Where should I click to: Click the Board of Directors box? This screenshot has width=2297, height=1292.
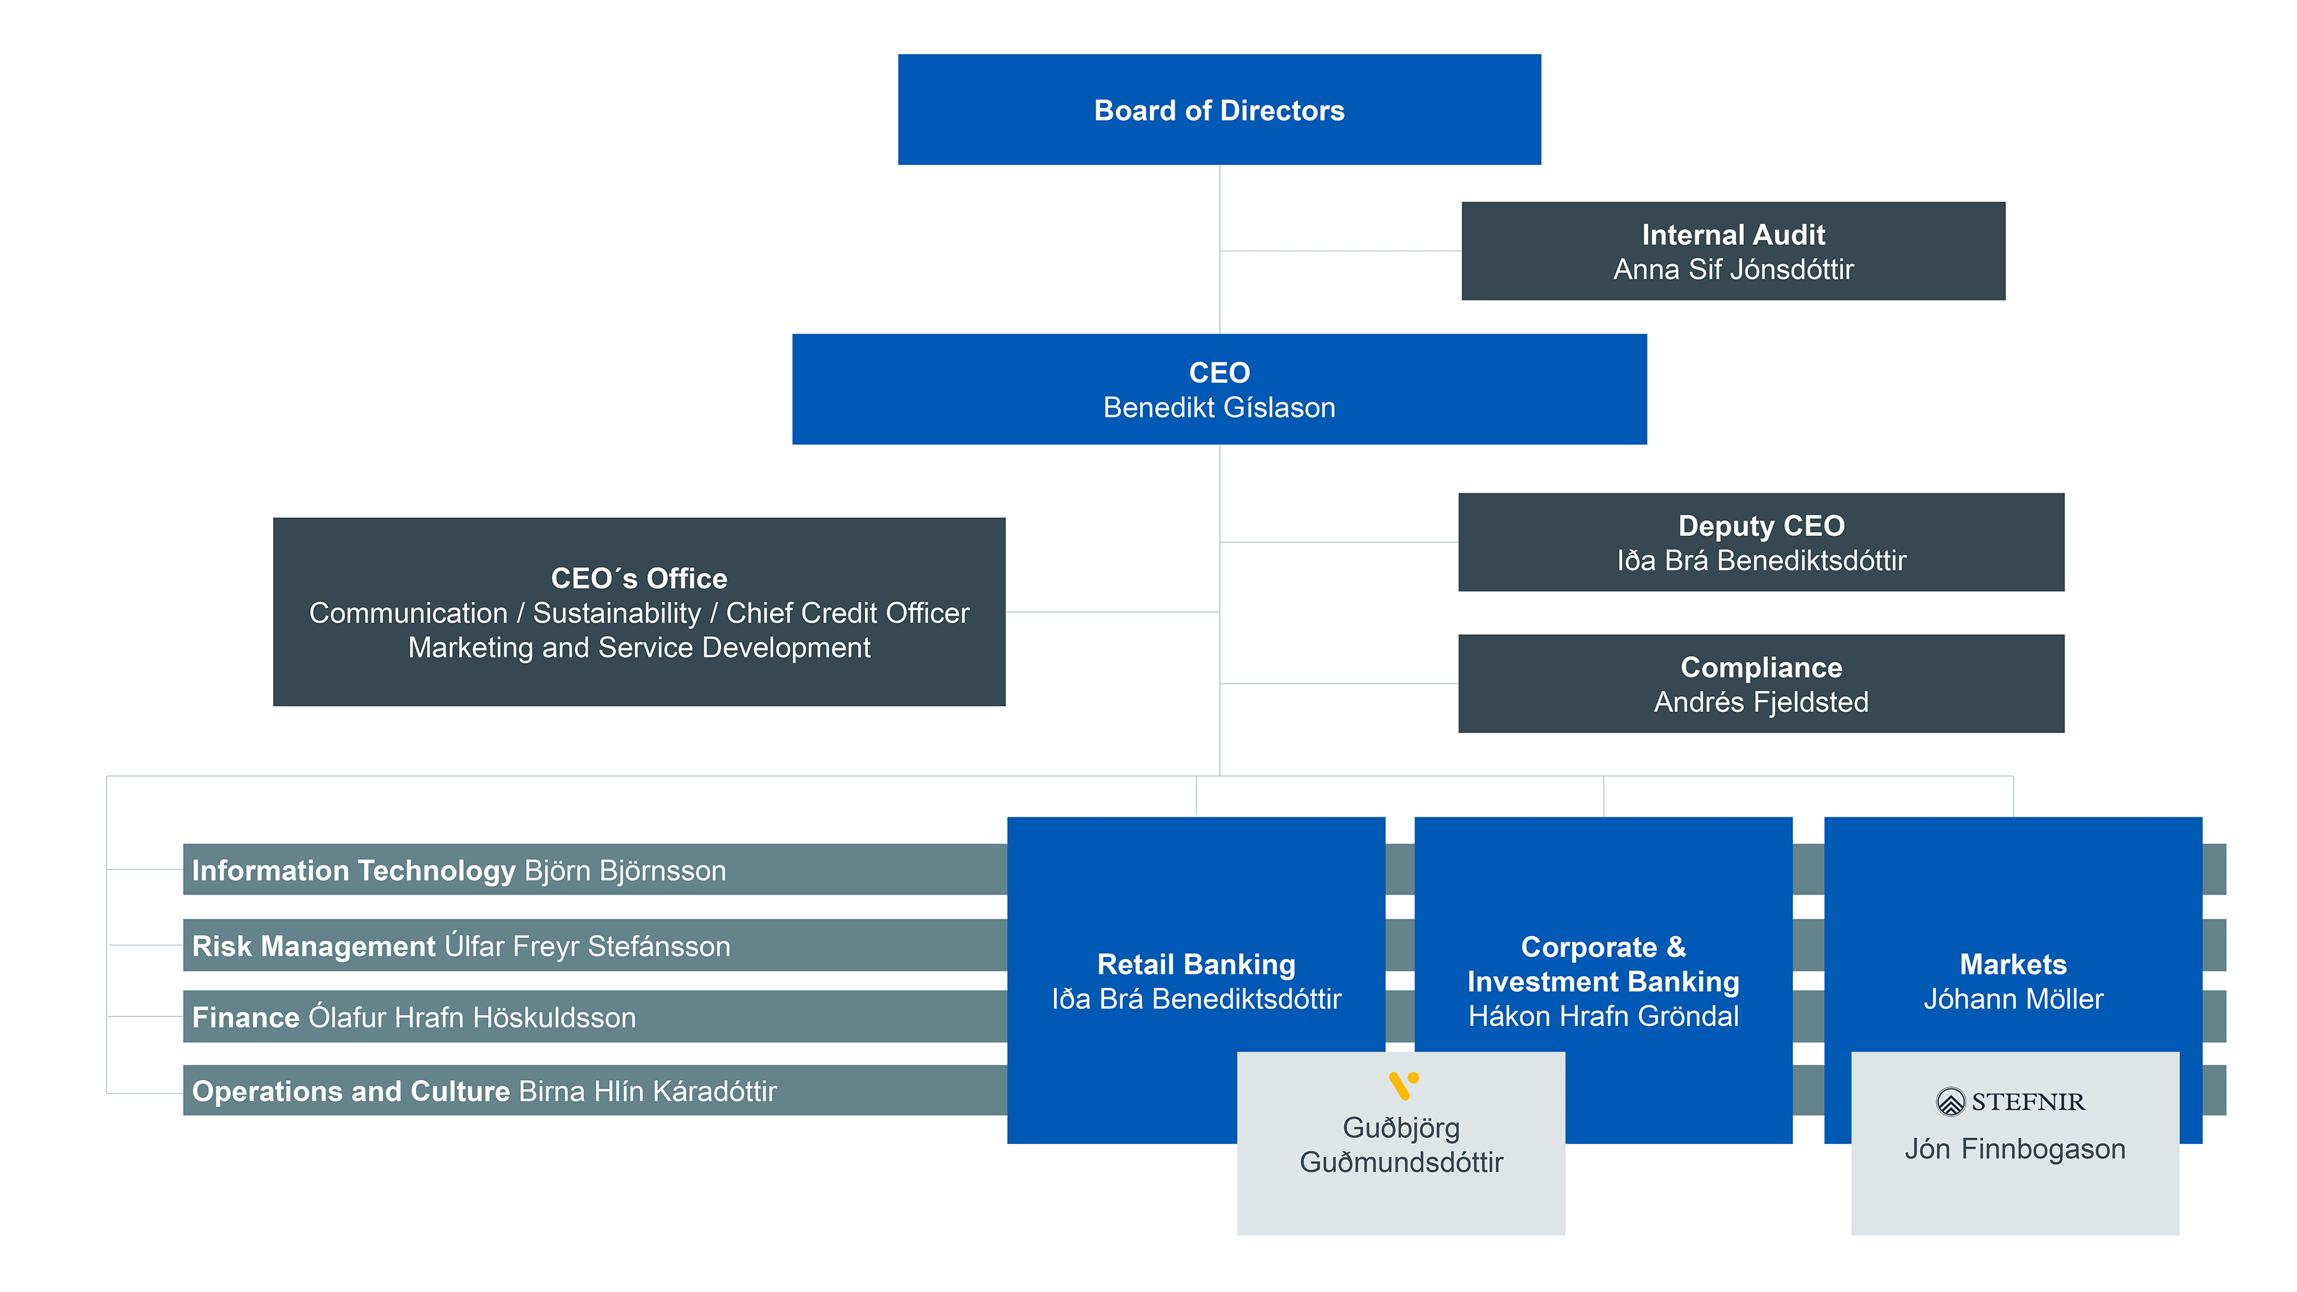click(x=1219, y=110)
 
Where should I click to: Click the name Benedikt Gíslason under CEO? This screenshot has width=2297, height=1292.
click(x=1219, y=408)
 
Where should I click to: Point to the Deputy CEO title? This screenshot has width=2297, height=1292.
click(x=1761, y=525)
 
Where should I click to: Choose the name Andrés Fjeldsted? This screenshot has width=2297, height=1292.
click(x=1761, y=702)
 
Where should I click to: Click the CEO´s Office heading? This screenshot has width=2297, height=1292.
click(x=639, y=578)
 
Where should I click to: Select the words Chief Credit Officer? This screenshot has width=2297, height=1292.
click(x=847, y=613)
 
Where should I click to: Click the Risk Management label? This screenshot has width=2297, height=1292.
click(x=313, y=946)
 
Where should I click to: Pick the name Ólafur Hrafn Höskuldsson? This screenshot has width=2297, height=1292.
click(x=472, y=1018)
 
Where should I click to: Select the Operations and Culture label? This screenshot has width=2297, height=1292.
click(x=350, y=1092)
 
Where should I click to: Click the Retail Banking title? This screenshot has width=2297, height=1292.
click(x=1196, y=964)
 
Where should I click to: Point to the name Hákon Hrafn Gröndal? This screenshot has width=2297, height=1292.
click(x=1603, y=1016)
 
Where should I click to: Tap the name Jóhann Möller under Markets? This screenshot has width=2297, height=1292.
click(x=2012, y=999)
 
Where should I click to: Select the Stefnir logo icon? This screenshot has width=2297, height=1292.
click(x=1950, y=1101)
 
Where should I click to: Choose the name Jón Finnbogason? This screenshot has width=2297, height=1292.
click(x=2014, y=1148)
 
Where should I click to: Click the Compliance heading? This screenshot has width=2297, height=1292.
click(x=1761, y=667)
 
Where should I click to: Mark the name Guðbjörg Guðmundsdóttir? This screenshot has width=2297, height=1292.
click(x=1401, y=1145)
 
